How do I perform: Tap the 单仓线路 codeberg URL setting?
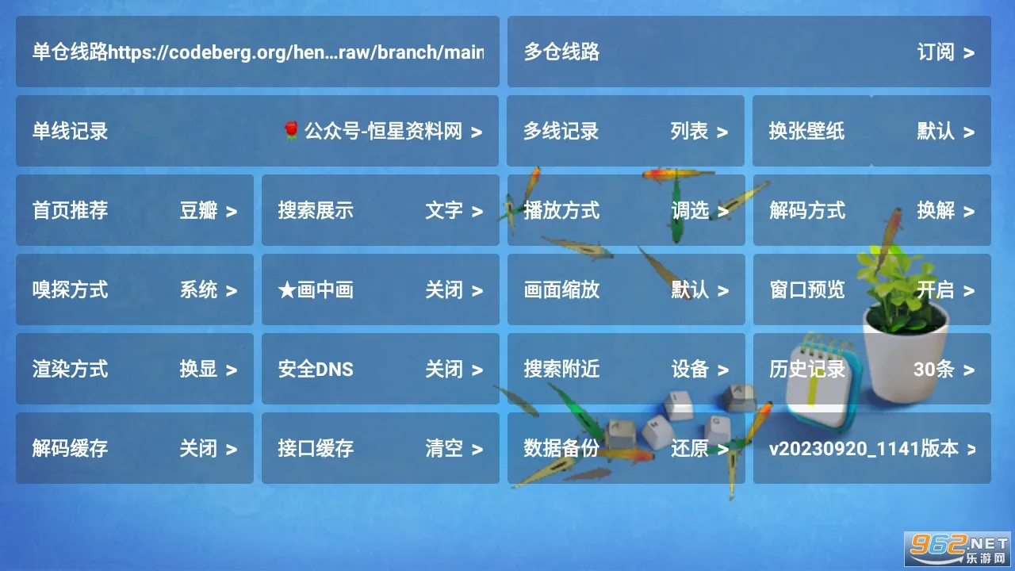(x=258, y=52)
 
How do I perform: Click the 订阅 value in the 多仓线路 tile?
(x=936, y=52)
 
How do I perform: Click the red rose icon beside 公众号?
(x=291, y=131)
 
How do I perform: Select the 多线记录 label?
(x=561, y=131)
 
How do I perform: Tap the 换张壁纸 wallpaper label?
(x=806, y=131)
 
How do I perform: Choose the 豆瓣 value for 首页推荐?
(x=198, y=210)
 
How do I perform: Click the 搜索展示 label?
(x=316, y=210)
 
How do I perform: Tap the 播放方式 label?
(x=561, y=210)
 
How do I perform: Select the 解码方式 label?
(x=807, y=210)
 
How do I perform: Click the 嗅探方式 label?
(x=71, y=289)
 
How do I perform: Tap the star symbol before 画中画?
(x=287, y=290)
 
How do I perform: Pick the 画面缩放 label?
(x=561, y=289)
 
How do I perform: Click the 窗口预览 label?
(x=807, y=289)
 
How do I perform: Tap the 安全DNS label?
(x=316, y=369)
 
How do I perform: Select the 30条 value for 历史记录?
(x=934, y=369)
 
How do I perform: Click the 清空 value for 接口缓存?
(x=444, y=448)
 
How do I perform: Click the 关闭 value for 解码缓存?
(x=198, y=448)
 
